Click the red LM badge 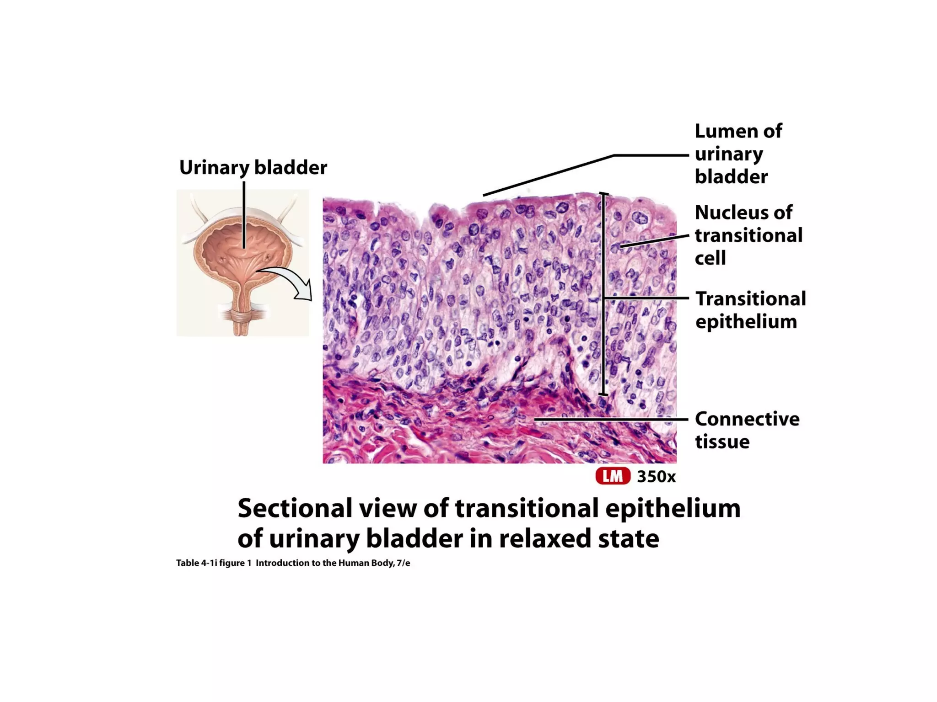point(613,476)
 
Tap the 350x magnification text point(656,477)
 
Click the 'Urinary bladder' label point(253,168)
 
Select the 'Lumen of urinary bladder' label point(738,154)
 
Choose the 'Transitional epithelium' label point(750,310)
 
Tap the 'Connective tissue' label point(747,430)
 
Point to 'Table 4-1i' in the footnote point(196,563)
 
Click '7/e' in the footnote point(403,563)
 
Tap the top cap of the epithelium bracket point(604,194)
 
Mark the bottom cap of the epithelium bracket point(604,394)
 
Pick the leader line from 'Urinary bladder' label point(244,215)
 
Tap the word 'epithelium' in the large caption point(673,508)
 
